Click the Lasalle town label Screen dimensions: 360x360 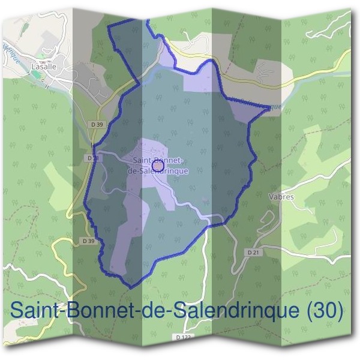tap(44, 67)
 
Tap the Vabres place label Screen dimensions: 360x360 tap(281, 196)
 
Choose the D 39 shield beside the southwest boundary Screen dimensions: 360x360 tap(88, 241)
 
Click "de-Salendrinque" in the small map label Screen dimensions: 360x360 tap(158, 170)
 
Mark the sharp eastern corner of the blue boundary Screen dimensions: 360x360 tap(269, 109)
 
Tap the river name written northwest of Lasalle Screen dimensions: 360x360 tap(12, 55)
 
